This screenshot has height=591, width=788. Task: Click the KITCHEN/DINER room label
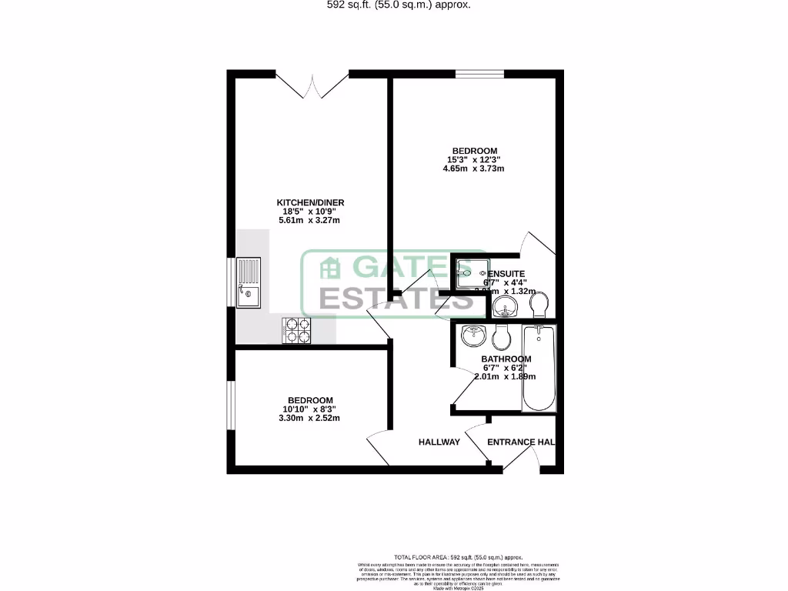311,202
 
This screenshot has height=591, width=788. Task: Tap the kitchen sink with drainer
249,282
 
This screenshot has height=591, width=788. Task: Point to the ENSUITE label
505,273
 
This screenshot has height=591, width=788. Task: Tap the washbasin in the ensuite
504,308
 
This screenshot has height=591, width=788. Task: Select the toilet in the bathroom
503,336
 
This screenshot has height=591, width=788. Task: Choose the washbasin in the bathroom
472,336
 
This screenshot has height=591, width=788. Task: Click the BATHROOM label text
506,359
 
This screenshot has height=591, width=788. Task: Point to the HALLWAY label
439,442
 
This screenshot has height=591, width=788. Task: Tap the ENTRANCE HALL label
521,442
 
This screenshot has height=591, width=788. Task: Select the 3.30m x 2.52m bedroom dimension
310,418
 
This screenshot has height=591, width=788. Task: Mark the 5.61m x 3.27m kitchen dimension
311,221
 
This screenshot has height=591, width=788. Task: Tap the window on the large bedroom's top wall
479,75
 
